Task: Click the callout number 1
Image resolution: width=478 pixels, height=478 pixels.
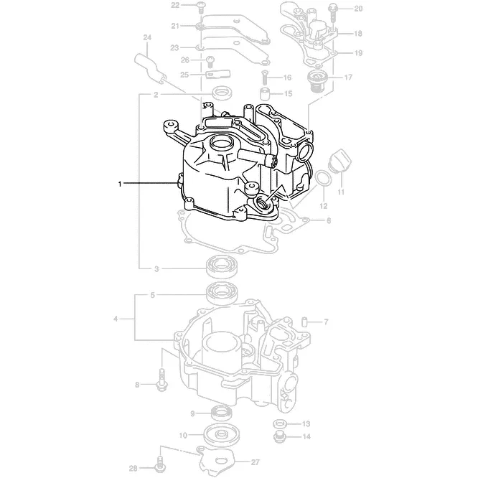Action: (x=121, y=184)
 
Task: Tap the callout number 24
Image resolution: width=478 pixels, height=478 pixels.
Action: (x=147, y=37)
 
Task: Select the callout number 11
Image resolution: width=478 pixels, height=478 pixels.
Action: (x=341, y=192)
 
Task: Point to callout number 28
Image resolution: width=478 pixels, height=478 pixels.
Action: (x=133, y=468)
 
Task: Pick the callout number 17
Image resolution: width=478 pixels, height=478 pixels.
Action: (x=348, y=77)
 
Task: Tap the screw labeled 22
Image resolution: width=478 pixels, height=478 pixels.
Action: (x=201, y=8)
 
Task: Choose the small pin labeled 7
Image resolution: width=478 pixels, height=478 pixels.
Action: (x=304, y=321)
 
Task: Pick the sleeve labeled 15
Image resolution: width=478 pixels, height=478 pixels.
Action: (x=266, y=93)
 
